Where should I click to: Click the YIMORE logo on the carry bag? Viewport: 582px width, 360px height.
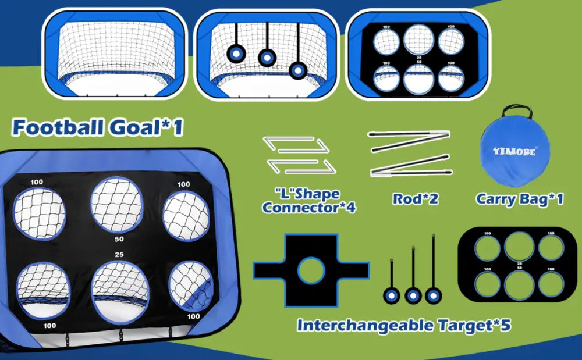coord(514,151)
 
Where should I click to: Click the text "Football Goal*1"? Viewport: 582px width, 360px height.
coord(98,127)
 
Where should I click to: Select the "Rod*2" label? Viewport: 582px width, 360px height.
coord(416,199)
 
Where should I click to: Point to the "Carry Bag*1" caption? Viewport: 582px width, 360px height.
coord(520,199)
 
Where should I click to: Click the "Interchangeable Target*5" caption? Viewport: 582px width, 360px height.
coord(404,325)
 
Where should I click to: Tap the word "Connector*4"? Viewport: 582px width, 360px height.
coord(309,207)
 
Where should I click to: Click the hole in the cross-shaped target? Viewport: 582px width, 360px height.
coord(311,271)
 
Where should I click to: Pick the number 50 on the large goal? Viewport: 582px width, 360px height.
coord(119,239)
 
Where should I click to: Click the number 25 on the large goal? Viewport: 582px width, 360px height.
coord(119,255)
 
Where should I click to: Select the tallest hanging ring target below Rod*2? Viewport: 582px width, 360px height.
coord(433,269)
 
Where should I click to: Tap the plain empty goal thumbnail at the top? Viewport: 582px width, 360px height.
coord(115,54)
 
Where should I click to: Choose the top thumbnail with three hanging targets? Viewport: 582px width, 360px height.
coord(267,54)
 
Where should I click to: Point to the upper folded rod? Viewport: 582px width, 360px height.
coord(409,141)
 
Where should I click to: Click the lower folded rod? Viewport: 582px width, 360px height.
coord(411,165)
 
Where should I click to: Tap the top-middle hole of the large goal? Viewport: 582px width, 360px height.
coord(116,205)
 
